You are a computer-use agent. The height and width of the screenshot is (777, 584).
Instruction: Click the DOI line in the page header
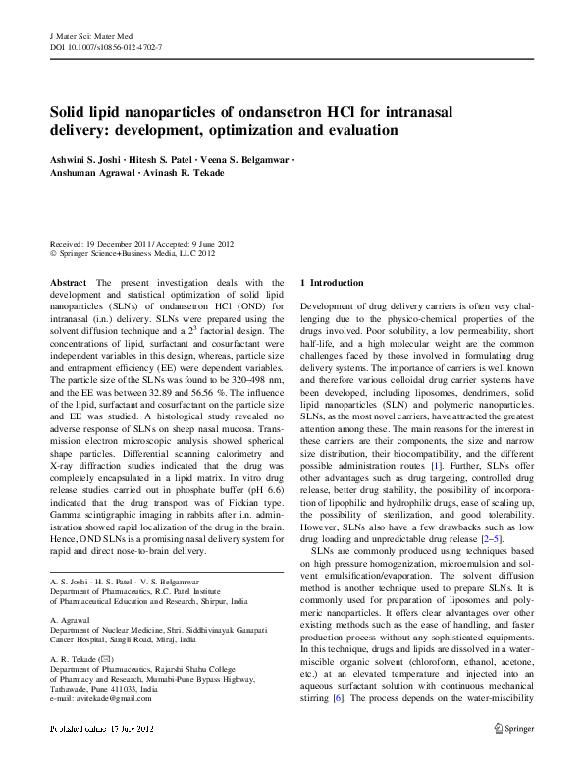pyautogui.click(x=106, y=47)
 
